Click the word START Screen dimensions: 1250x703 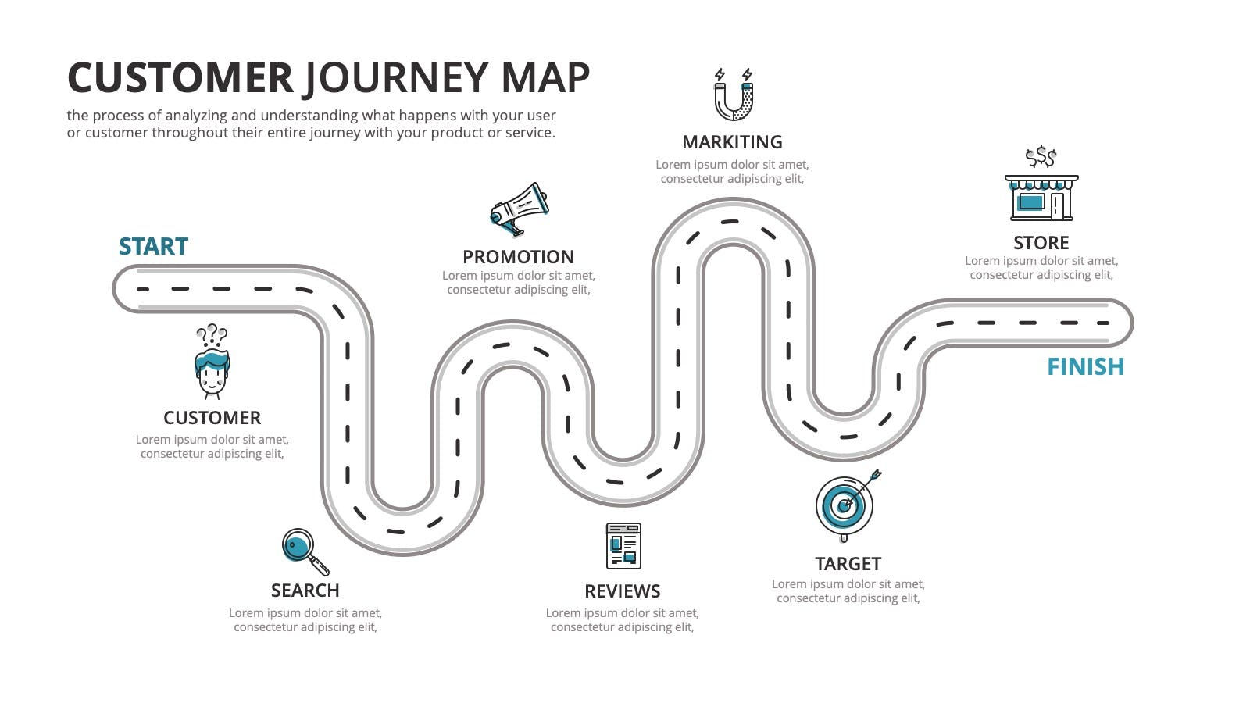click(153, 247)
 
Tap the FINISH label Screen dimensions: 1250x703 click(1085, 367)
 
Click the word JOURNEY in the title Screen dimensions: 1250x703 click(397, 78)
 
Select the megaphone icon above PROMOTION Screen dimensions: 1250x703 click(519, 209)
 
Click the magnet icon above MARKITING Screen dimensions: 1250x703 click(734, 95)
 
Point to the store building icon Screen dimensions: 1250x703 click(1041, 198)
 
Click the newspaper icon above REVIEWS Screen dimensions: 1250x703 click(623, 546)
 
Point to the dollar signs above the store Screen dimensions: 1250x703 click(1041, 157)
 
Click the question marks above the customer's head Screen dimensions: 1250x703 click(212, 334)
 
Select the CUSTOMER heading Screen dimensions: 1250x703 click(212, 418)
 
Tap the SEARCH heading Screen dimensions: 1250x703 click(305, 591)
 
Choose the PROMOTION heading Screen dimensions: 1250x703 click(519, 257)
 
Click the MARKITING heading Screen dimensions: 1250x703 click(732, 142)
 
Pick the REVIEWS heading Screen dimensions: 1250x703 click(622, 591)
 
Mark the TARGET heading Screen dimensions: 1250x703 click(848, 564)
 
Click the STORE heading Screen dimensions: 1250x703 click(1041, 243)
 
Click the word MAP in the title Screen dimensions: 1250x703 click(545, 77)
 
